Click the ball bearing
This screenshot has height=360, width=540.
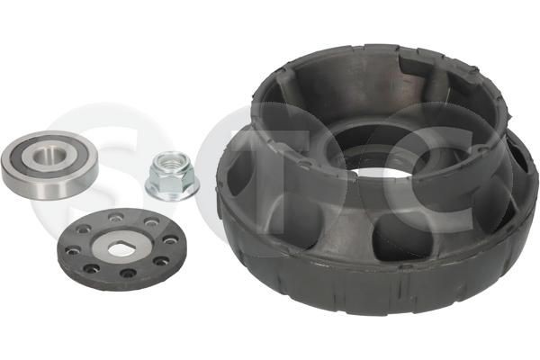[x=49, y=164]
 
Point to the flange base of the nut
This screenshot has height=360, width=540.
[x=173, y=191]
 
